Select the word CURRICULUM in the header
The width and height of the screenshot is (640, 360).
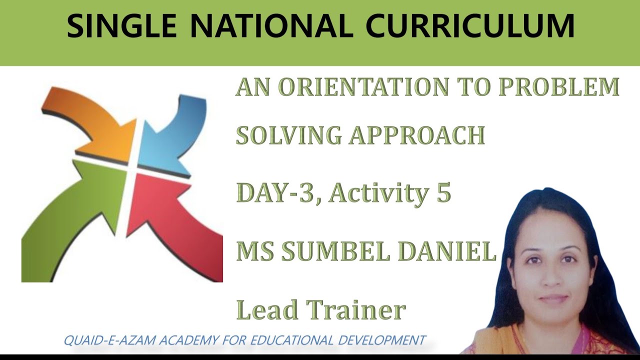point(470,26)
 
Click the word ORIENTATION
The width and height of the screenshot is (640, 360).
point(363,87)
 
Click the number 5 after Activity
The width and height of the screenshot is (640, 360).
point(443,192)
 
